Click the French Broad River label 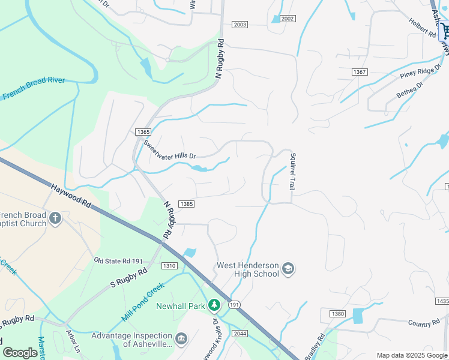(x=41, y=88)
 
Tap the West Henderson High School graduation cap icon (x=288, y=268)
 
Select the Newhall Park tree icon (x=214, y=306)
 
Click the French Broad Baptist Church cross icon (x=55, y=218)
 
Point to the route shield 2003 (x=240, y=25)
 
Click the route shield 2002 (x=288, y=19)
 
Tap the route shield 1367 (x=360, y=72)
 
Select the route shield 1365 (x=143, y=132)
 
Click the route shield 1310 (x=169, y=265)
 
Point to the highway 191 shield (x=234, y=305)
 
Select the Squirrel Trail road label (x=292, y=171)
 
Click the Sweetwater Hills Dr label (x=169, y=151)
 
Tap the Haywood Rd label (x=70, y=196)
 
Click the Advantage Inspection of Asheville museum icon (x=181, y=339)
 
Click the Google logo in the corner (x=20, y=353)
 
